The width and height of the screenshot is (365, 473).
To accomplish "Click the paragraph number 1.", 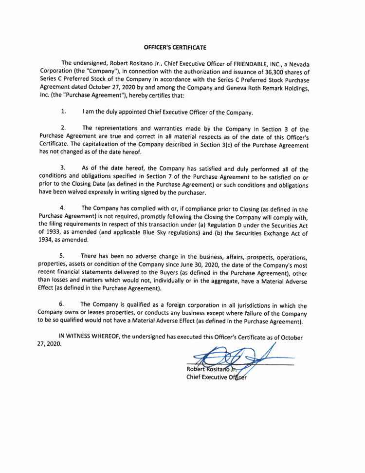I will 63,112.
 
